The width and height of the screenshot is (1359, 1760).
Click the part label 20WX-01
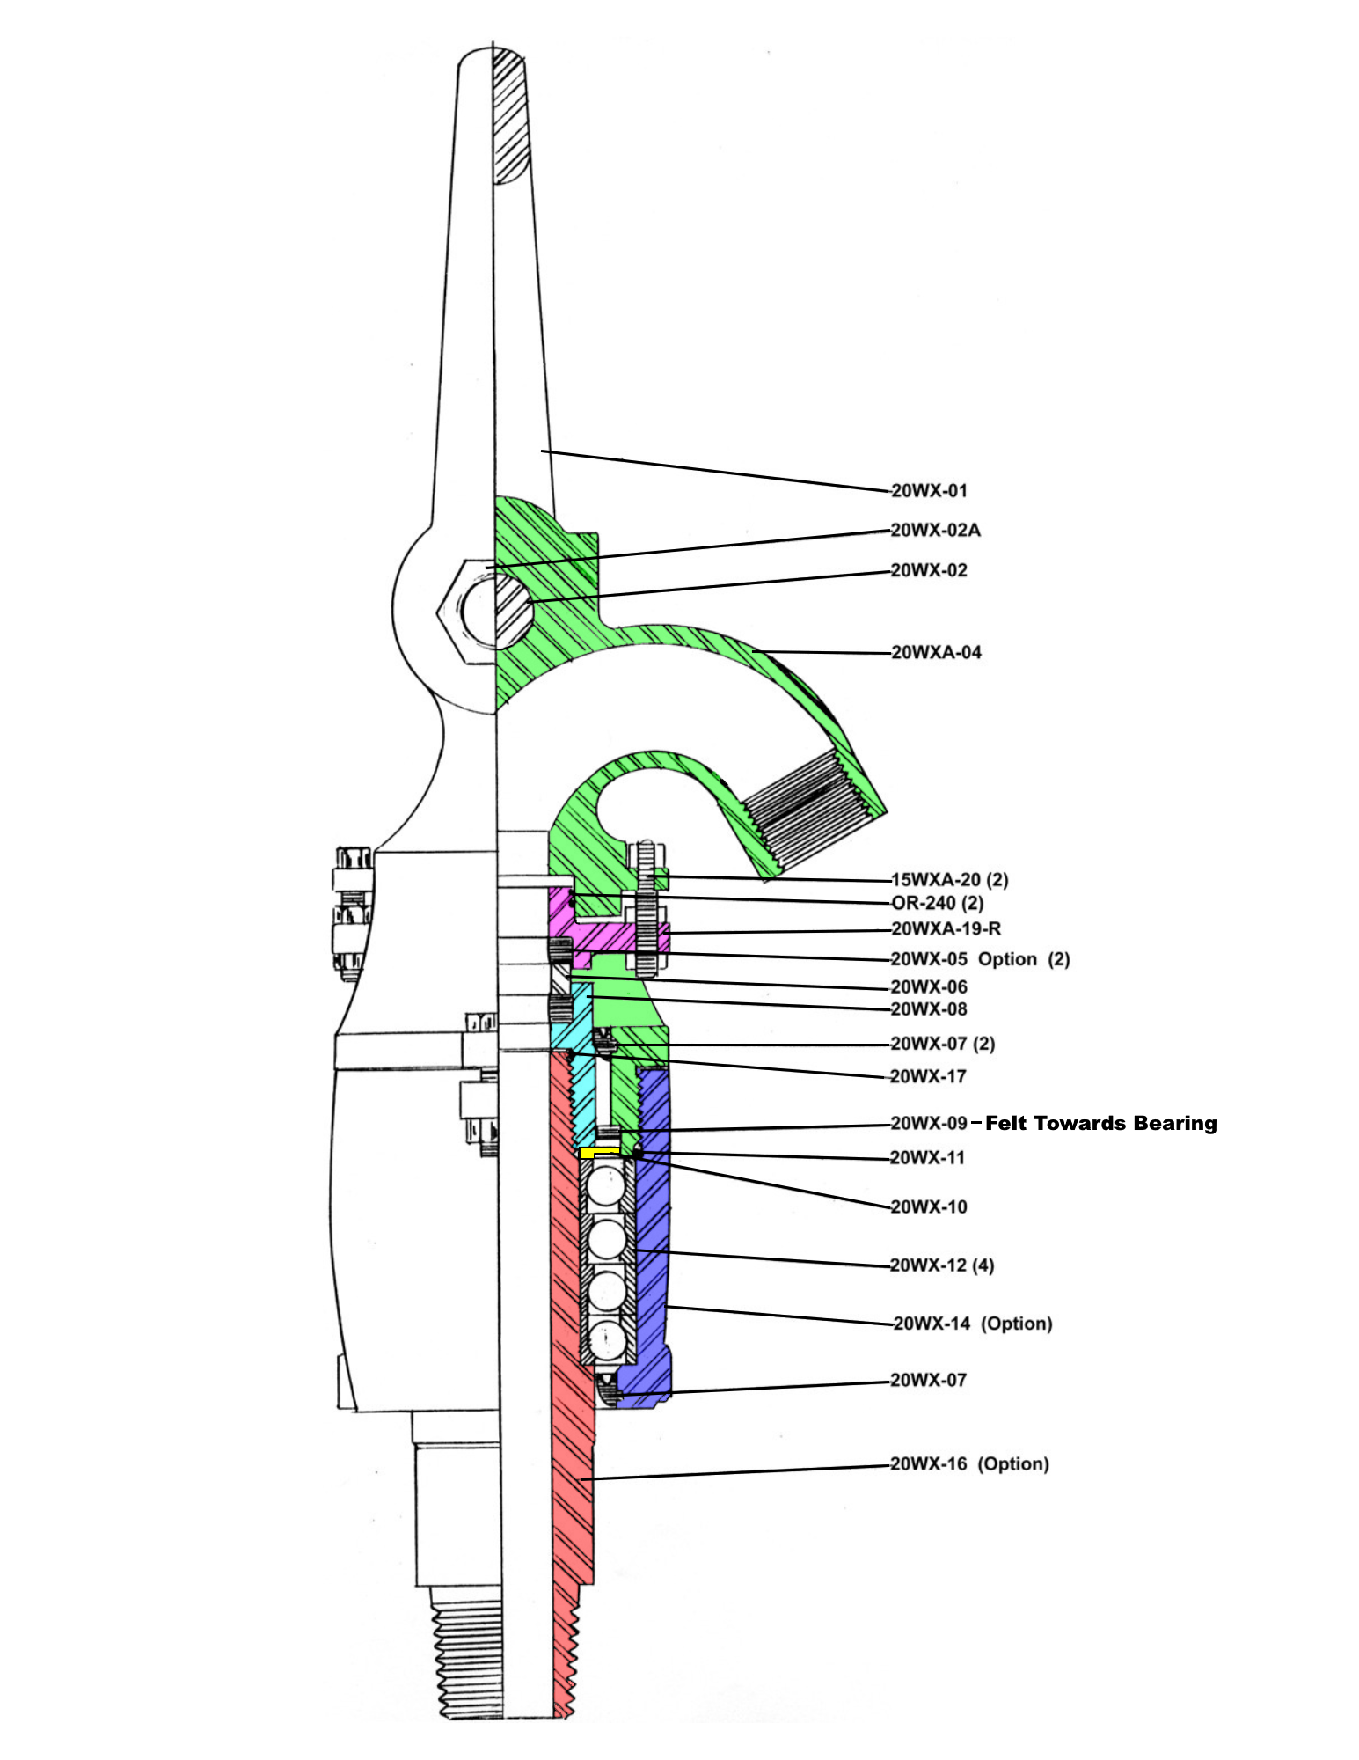click(929, 491)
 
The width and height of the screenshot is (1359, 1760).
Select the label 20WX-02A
click(936, 530)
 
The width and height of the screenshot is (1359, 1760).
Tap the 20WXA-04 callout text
click(936, 652)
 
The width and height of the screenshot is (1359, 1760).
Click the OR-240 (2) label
click(937, 903)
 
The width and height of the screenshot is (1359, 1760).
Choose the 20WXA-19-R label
click(946, 928)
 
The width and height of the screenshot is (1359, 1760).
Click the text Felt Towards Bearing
click(1101, 1123)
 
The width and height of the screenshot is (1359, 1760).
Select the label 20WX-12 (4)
click(942, 1265)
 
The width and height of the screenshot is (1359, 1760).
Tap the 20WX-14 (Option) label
click(973, 1324)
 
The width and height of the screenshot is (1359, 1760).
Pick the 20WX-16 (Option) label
click(970, 1463)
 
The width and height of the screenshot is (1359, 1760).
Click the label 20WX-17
click(928, 1076)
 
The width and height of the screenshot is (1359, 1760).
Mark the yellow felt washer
click(599, 1153)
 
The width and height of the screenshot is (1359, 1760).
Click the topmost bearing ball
click(606, 1187)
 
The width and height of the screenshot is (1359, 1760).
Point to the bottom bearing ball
click(607, 1341)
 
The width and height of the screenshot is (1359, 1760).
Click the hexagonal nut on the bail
click(466, 610)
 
